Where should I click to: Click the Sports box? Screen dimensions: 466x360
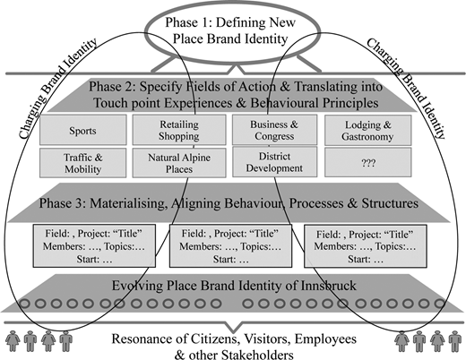(x=83, y=130)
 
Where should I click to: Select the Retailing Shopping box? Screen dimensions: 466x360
(x=179, y=130)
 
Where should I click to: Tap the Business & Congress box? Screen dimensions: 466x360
(x=275, y=130)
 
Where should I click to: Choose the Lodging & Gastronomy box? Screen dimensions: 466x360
(x=368, y=131)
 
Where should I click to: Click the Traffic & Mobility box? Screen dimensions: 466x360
(x=83, y=163)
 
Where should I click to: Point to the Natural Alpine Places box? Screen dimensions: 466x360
(x=179, y=163)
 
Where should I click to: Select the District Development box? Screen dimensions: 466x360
(x=275, y=162)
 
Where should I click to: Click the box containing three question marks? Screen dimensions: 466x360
(x=368, y=162)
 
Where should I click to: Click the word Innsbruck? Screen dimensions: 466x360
(x=328, y=286)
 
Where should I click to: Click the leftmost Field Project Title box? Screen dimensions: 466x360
(x=94, y=246)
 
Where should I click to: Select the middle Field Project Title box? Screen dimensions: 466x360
(x=230, y=246)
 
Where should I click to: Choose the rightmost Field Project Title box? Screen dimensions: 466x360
(x=366, y=246)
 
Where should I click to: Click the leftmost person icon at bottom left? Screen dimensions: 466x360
(x=13, y=341)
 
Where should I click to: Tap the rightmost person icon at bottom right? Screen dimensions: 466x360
(x=455, y=341)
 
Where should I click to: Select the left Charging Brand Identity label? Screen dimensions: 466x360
(x=57, y=89)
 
